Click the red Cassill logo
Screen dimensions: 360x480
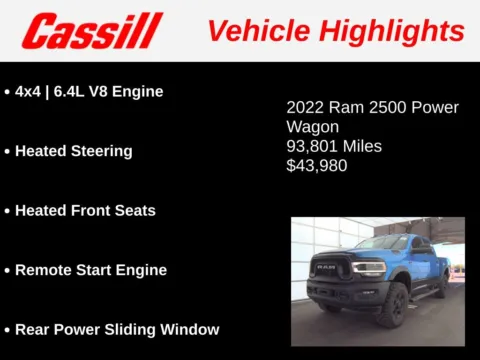(92, 31)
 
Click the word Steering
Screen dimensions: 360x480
(101, 151)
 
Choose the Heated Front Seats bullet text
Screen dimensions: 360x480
(85, 210)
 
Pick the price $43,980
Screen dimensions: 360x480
(317, 165)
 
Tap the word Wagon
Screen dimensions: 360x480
(313, 127)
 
